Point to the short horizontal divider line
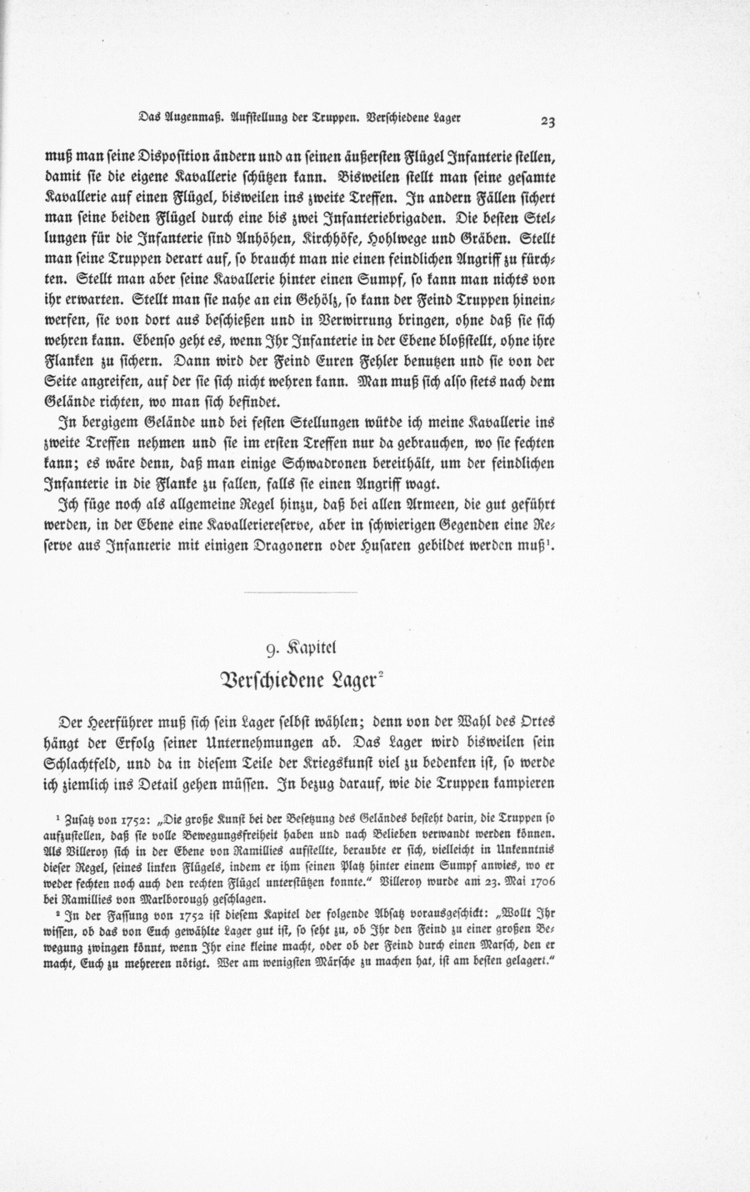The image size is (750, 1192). (x=302, y=593)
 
